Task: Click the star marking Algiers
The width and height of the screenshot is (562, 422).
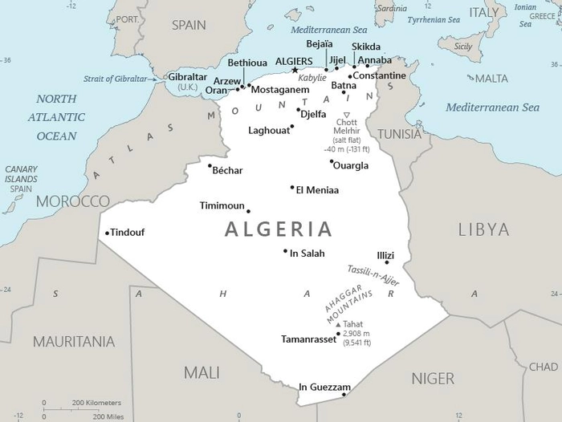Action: (x=295, y=71)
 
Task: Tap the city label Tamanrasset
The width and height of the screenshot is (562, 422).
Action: (x=309, y=339)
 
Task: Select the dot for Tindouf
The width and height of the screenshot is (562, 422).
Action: (x=107, y=233)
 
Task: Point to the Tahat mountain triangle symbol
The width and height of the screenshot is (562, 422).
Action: (x=337, y=324)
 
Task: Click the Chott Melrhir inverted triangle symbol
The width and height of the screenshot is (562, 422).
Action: (x=347, y=115)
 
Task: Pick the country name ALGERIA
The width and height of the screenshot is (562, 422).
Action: (x=278, y=229)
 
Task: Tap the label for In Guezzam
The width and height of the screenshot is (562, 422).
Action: (x=324, y=388)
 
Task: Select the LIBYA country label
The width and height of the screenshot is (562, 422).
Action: (x=483, y=230)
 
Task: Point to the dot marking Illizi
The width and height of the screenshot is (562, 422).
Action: (x=387, y=262)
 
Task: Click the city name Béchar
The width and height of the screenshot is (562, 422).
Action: (x=226, y=170)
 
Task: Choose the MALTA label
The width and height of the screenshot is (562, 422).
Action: (x=491, y=79)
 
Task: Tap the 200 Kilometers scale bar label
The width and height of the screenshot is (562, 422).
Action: (x=96, y=402)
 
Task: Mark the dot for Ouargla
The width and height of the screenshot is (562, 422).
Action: (x=332, y=161)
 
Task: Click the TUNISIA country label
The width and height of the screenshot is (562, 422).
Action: (x=399, y=134)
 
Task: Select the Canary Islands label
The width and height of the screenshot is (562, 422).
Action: (x=21, y=179)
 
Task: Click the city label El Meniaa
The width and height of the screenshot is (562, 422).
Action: (x=317, y=190)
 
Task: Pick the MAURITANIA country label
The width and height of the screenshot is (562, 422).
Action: (x=73, y=342)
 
